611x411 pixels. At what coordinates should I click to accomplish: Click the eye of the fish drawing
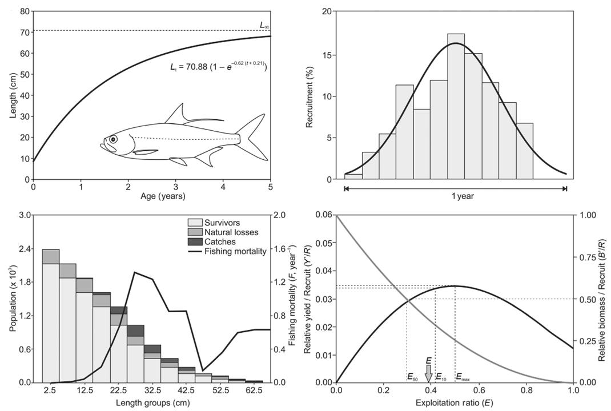click(113, 139)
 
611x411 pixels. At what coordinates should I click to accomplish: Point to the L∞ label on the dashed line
click(264, 25)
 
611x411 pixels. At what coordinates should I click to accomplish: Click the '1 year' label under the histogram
click(455, 196)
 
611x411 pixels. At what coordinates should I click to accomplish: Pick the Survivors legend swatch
click(196, 223)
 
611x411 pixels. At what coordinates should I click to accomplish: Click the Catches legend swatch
click(196, 241)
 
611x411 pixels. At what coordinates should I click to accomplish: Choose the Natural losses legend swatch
click(196, 232)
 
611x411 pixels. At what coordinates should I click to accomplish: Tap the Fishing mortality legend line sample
click(196, 251)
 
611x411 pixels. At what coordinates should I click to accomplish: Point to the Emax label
click(463, 377)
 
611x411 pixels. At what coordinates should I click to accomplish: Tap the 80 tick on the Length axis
click(24, 11)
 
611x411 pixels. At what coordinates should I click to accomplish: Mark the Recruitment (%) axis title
click(310, 95)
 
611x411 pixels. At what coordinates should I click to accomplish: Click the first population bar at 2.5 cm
click(51, 316)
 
